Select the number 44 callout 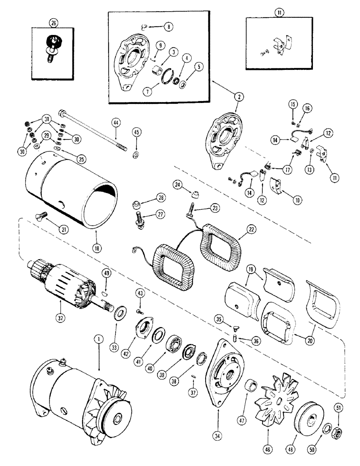(x=116, y=122)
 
